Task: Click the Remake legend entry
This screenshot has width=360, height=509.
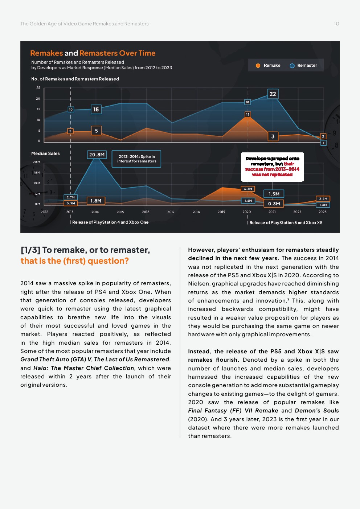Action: [268, 66]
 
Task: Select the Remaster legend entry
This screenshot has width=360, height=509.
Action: [303, 66]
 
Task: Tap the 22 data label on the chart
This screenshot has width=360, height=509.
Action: [273, 94]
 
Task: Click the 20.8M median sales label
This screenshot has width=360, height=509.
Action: [97, 155]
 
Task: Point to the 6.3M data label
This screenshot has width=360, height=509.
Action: [248, 189]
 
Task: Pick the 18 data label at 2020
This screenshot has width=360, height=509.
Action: [247, 102]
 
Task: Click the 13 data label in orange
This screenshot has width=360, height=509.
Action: [248, 114]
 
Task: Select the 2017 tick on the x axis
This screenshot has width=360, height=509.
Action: [171, 212]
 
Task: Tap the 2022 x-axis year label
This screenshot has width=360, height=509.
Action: [297, 212]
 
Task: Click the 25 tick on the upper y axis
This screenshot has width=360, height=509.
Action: [38, 87]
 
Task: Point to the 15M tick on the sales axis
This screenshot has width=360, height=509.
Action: [37, 173]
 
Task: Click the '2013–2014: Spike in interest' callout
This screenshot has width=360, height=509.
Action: [136, 159]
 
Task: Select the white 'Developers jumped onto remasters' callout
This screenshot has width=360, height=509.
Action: [272, 167]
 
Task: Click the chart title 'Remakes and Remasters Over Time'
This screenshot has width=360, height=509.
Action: [93, 53]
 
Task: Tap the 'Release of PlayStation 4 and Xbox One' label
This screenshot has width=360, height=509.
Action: [110, 222]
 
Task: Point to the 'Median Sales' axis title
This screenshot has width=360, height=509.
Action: [45, 153]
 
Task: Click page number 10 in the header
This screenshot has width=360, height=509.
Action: [336, 24]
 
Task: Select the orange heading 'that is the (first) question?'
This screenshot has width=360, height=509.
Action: [75, 261]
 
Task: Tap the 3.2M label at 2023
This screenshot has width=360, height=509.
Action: [323, 199]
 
